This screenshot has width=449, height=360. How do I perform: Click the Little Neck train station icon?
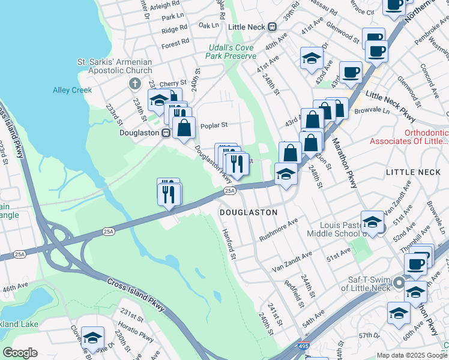[x=272, y=26]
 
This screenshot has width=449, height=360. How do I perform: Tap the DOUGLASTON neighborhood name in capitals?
[x=248, y=212]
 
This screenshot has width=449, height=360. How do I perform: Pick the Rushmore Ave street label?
[x=279, y=230]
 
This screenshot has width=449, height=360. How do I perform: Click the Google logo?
[x=20, y=353]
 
